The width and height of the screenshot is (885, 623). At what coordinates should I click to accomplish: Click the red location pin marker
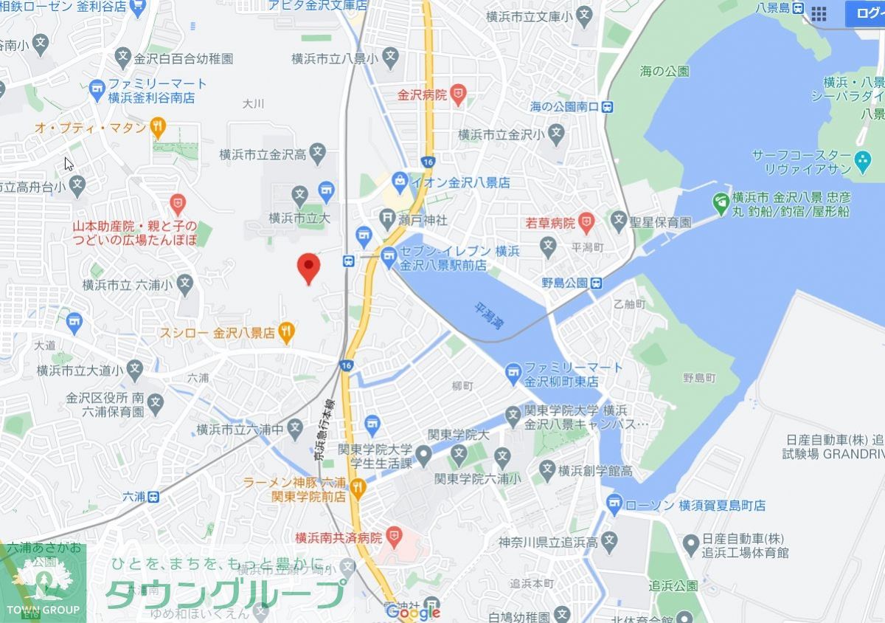pyautogui.click(x=308, y=267)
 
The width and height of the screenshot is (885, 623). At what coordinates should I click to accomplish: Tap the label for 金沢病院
pyautogui.click(x=423, y=94)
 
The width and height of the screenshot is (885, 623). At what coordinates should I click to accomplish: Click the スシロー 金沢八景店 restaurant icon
pyautogui.click(x=287, y=332)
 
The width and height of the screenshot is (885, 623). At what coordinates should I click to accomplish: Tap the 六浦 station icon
pyautogui.click(x=153, y=497)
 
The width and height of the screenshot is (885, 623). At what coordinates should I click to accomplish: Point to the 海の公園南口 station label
pyautogui.click(x=565, y=107)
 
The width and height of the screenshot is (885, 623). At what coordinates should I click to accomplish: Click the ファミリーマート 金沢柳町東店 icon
pyautogui.click(x=513, y=375)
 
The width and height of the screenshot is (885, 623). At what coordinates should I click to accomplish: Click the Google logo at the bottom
pyautogui.click(x=413, y=612)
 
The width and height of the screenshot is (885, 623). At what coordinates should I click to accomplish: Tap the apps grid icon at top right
pyautogui.click(x=819, y=13)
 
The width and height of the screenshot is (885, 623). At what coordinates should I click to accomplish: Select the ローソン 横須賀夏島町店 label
pyautogui.click(x=695, y=506)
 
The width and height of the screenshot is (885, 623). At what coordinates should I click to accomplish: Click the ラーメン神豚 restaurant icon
pyautogui.click(x=358, y=486)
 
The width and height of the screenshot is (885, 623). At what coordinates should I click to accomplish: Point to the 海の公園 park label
pyautogui.click(x=664, y=72)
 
